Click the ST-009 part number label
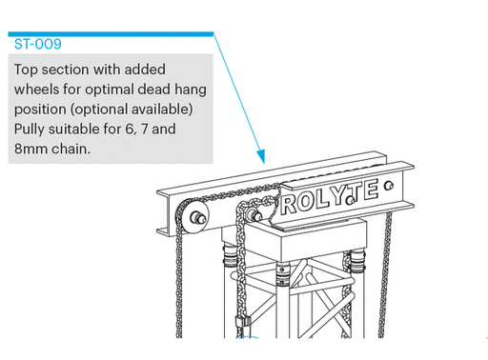click(37, 45)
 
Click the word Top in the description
click(29, 70)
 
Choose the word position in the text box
click(42, 110)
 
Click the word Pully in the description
click(32, 129)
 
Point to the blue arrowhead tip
click(260, 158)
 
